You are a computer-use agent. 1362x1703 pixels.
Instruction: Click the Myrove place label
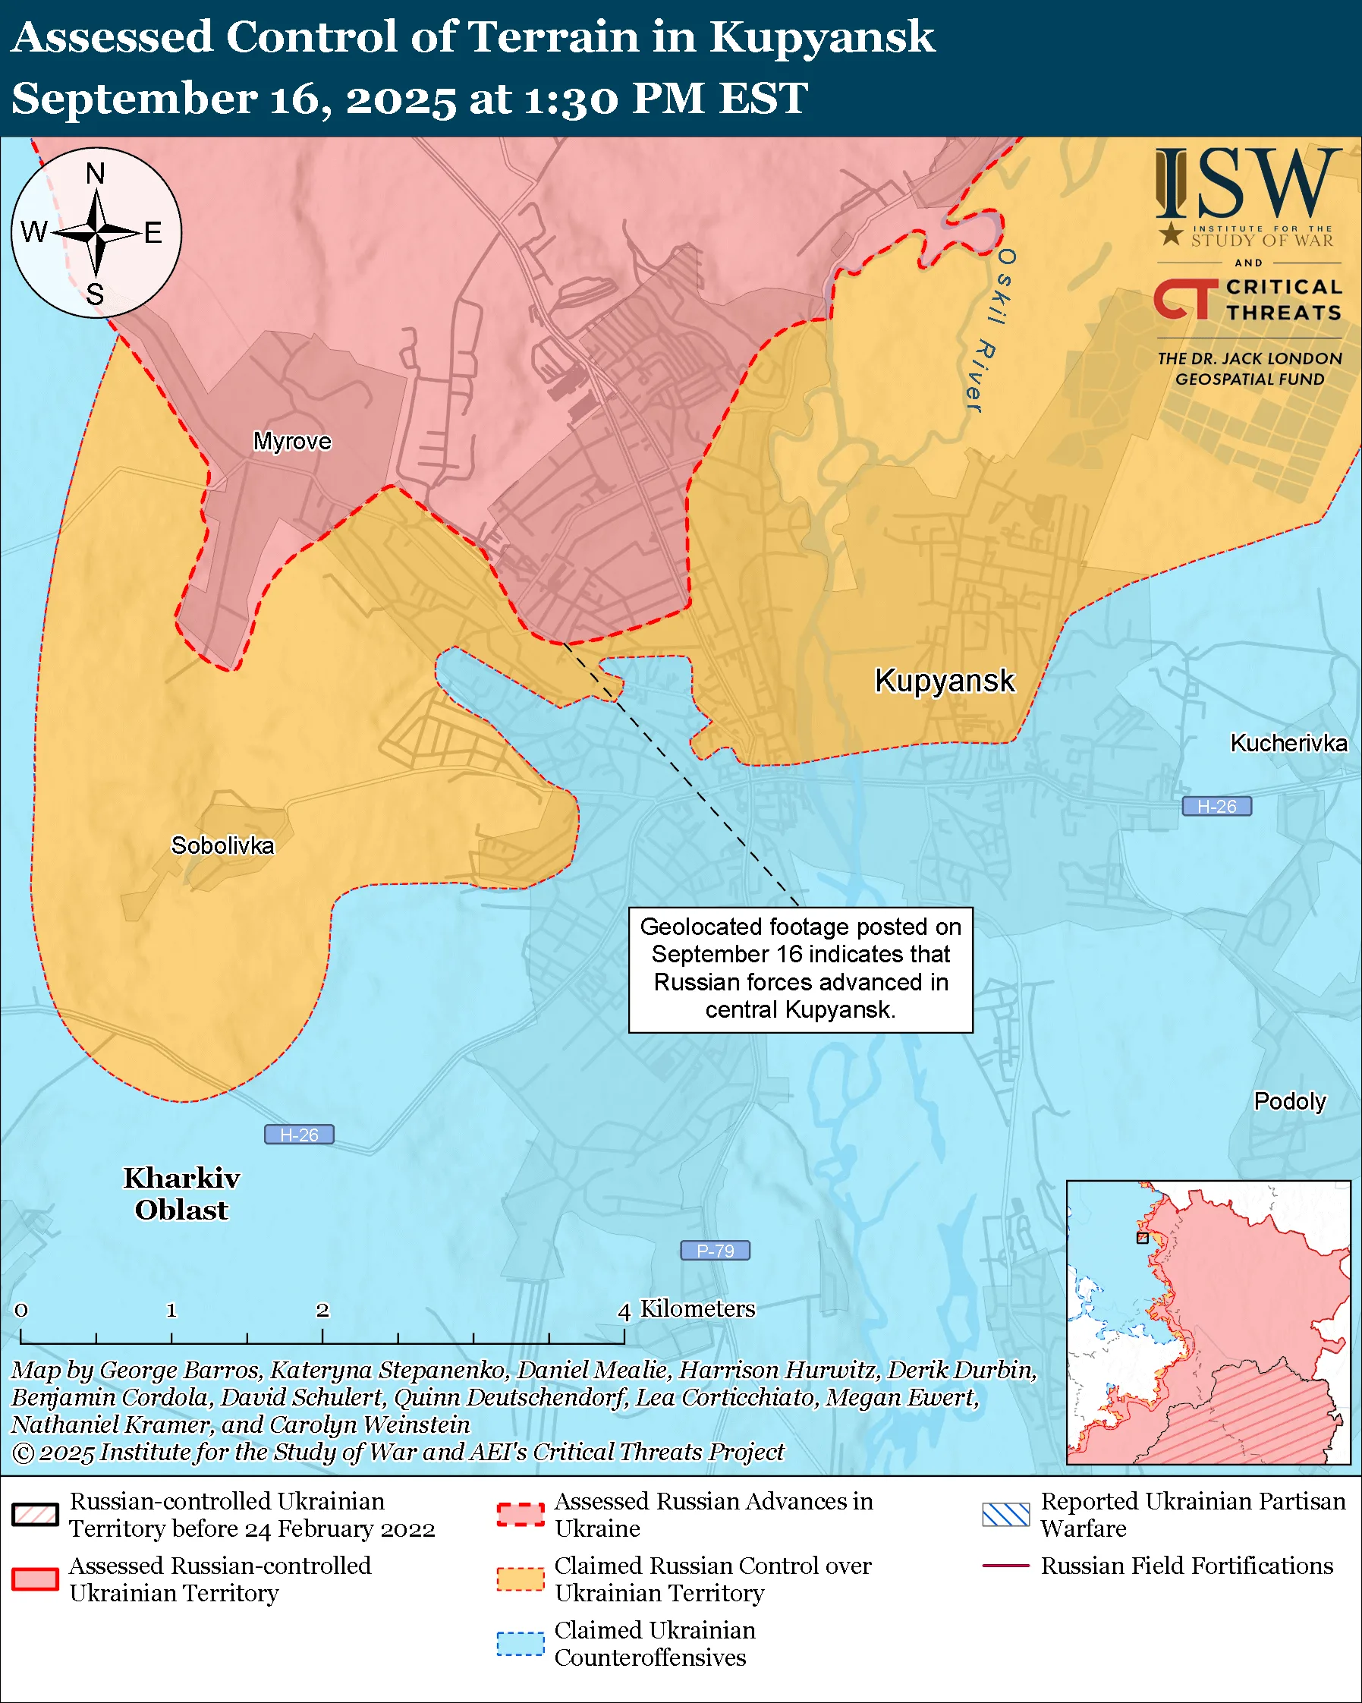(291, 441)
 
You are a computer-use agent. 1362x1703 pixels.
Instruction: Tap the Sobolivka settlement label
(222, 845)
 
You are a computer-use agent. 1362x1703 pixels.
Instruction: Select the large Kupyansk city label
(945, 680)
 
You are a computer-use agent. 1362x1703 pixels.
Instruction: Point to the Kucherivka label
(1288, 743)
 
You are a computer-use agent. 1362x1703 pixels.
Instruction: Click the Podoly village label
(1289, 1101)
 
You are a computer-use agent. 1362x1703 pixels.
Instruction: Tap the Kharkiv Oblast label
(181, 1194)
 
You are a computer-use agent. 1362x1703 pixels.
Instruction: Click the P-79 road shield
(715, 1251)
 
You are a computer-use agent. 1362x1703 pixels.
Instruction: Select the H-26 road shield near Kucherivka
(1216, 807)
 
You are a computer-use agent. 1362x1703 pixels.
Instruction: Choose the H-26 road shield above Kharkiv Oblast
(298, 1135)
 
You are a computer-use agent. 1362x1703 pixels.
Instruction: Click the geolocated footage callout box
(800, 968)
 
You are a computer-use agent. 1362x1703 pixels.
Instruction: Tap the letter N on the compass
(96, 174)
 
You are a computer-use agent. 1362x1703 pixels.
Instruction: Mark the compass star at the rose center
(96, 232)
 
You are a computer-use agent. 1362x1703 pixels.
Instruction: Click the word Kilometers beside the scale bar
(697, 1309)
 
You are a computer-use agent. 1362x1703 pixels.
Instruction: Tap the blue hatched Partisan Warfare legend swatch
(1005, 1514)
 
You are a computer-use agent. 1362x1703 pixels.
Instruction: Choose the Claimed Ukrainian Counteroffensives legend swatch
(521, 1644)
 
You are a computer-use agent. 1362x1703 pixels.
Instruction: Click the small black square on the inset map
(1142, 1238)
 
